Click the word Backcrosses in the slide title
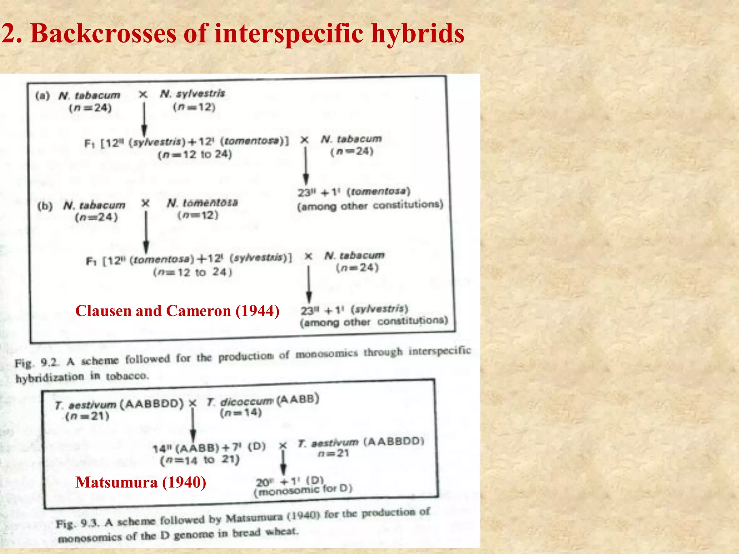104,34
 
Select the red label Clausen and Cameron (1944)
177,311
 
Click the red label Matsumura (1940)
141,482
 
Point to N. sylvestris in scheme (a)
192,94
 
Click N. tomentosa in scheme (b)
202,203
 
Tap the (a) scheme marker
43,96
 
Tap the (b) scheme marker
45,206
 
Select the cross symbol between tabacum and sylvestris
143,94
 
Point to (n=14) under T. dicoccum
241,413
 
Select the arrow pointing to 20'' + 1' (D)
283,463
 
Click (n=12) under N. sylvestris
194,107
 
